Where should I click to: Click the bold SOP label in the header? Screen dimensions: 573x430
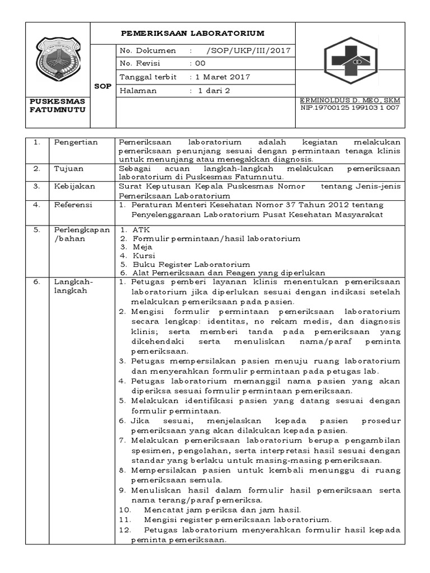(102, 86)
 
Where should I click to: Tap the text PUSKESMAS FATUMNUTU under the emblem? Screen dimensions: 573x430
(58, 105)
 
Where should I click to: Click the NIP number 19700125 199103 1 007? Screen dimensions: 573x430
(350, 107)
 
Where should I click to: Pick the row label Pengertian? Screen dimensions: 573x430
(76, 142)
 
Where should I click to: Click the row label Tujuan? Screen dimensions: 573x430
(68, 168)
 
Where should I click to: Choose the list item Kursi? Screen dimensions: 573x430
(144, 255)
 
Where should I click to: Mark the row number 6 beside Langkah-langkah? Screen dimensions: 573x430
(36, 282)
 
